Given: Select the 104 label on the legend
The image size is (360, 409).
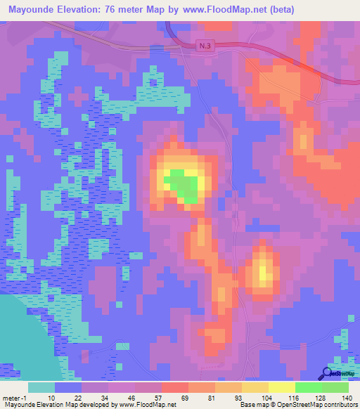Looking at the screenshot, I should pos(266,397).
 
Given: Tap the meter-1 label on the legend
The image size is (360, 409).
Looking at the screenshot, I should pos(15,397).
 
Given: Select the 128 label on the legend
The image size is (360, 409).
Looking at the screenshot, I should pos(319,397).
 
